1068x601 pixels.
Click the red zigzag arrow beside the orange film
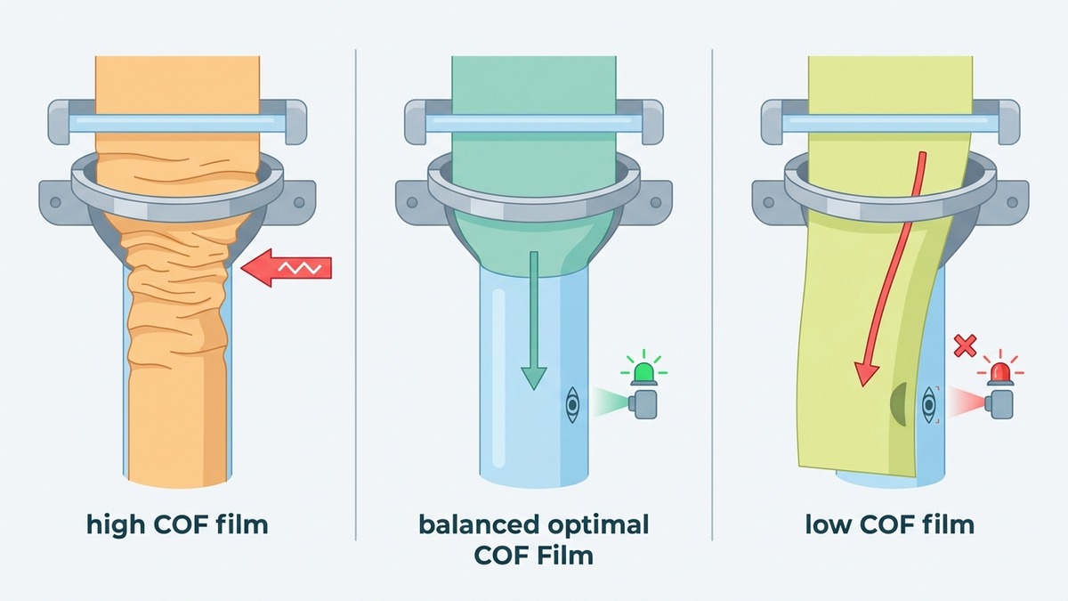click(x=286, y=268)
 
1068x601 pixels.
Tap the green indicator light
click(x=644, y=373)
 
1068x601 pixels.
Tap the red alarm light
click(x=1000, y=373)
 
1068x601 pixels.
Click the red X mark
click(x=965, y=345)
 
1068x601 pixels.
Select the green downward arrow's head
click(x=533, y=378)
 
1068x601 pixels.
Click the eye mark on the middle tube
click(x=572, y=405)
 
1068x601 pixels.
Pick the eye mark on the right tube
click(x=929, y=405)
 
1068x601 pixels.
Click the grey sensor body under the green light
click(x=643, y=404)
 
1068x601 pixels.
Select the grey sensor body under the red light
click(x=999, y=404)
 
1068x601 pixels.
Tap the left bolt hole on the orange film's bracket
click(x=55, y=202)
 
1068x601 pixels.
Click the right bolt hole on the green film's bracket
click(x=656, y=202)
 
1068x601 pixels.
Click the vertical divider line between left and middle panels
click(x=356, y=295)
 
